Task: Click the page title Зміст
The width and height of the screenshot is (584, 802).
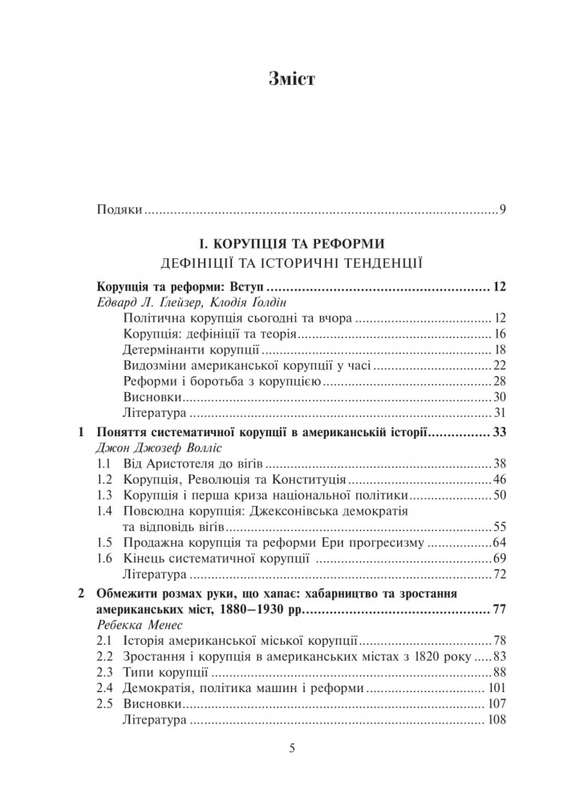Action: [x=291, y=79]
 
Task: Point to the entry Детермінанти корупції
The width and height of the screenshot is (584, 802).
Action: [x=191, y=350]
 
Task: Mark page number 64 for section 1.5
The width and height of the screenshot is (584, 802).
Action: [x=498, y=543]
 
